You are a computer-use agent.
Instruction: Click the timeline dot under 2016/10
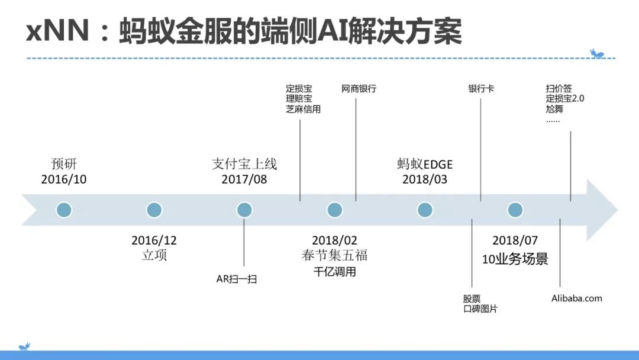click(64, 210)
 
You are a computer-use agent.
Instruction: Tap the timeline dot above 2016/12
click(154, 210)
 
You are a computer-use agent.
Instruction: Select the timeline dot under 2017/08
click(244, 210)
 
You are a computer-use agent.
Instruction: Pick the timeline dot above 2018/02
click(335, 210)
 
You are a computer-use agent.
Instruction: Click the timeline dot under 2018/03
click(425, 210)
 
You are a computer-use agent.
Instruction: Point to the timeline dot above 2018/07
click(515, 210)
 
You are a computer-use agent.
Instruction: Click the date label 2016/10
click(64, 179)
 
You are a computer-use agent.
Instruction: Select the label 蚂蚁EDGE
click(425, 165)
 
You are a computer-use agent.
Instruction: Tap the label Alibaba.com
click(576, 298)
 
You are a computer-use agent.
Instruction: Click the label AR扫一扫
click(237, 279)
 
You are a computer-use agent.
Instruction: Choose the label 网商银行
click(359, 89)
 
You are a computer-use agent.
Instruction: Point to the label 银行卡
click(481, 89)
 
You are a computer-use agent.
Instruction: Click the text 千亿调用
click(335, 272)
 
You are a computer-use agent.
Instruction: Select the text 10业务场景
click(515, 259)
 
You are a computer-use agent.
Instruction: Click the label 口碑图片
click(480, 308)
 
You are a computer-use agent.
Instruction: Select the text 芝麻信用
click(303, 109)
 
